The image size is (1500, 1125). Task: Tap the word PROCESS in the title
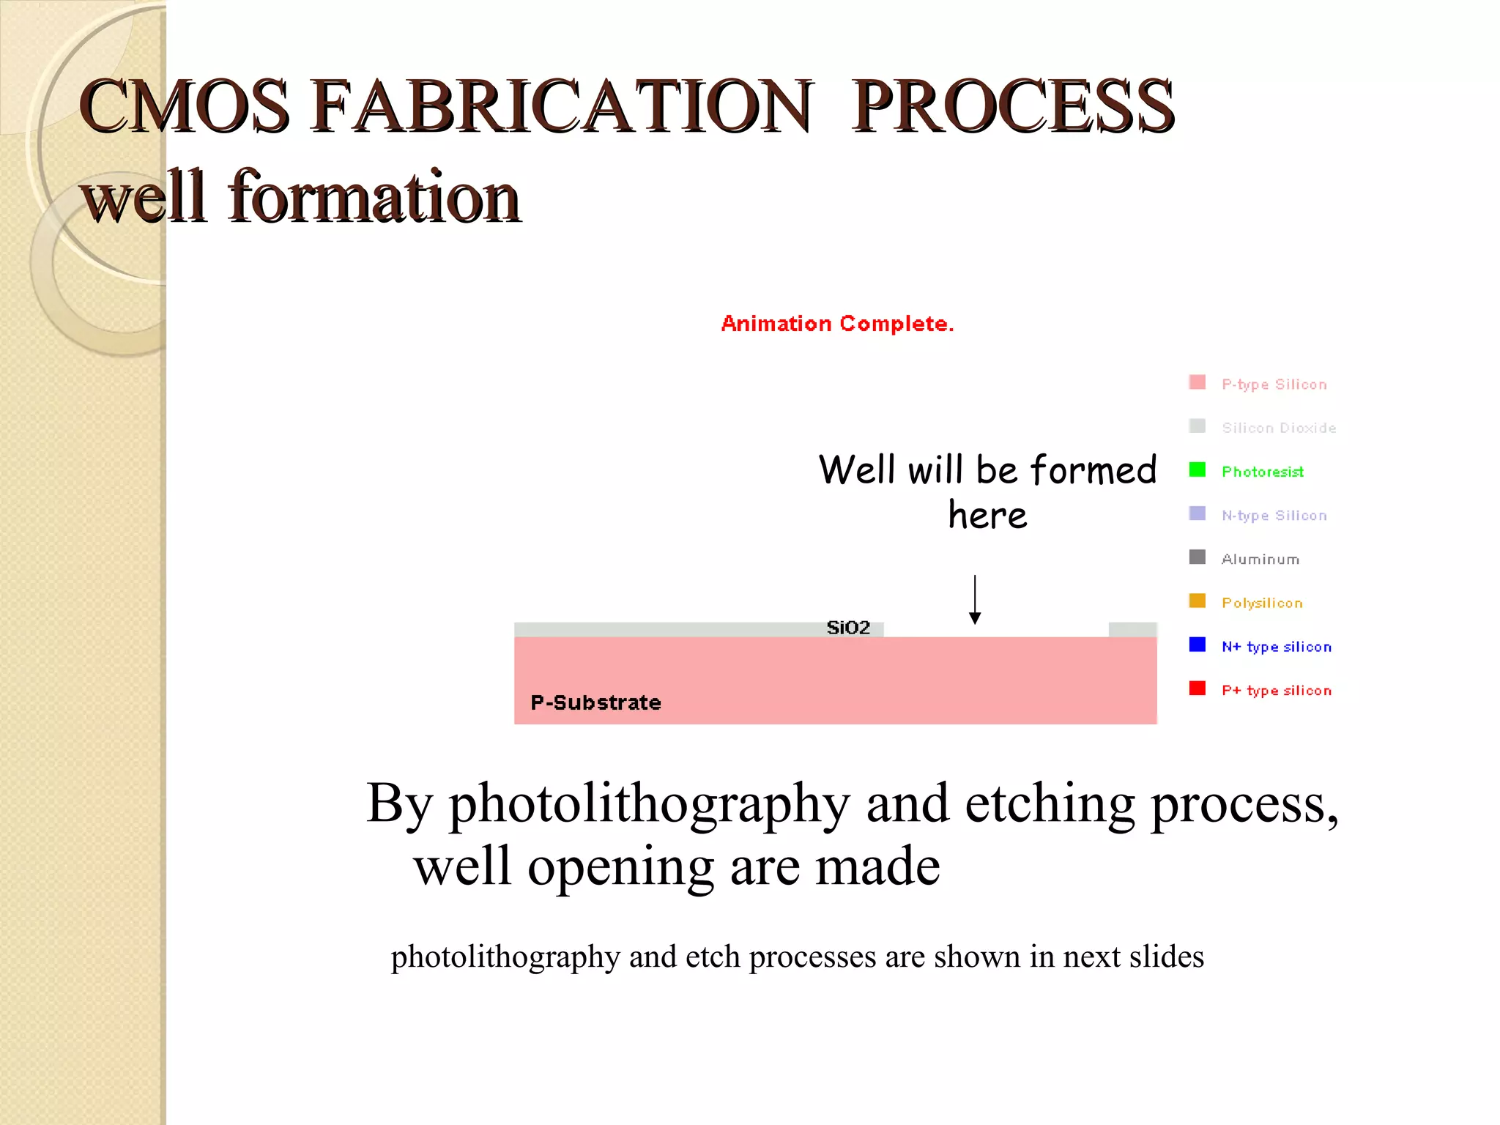point(1012,107)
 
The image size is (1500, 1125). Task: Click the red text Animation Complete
point(837,324)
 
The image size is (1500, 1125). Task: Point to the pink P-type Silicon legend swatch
point(1197,382)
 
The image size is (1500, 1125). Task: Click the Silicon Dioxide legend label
point(1279,428)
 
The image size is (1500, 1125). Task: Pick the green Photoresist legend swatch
point(1197,469)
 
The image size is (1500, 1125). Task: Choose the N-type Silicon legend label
point(1274,516)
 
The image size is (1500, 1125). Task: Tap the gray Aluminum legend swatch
point(1197,557)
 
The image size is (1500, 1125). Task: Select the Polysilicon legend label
point(1262,604)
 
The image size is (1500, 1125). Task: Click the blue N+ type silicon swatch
point(1197,645)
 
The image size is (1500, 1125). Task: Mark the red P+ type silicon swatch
point(1197,688)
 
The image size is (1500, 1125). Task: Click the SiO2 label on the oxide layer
point(848,628)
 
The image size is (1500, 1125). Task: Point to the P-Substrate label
point(595,703)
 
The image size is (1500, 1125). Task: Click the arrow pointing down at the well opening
point(975,600)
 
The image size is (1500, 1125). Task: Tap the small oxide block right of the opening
point(1132,630)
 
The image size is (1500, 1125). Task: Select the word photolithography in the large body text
point(649,804)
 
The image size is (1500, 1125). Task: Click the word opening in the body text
point(620,866)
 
